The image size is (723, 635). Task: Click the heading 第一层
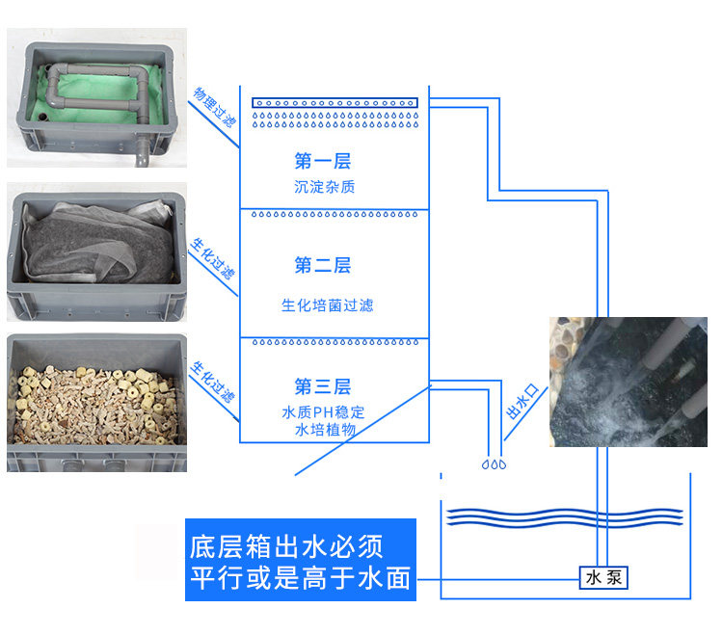(323, 161)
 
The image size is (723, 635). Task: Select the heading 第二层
(323, 265)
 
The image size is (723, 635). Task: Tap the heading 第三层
(323, 387)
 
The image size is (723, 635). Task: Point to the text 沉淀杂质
(324, 187)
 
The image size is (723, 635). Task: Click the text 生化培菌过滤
(327, 305)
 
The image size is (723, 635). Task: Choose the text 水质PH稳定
(324, 412)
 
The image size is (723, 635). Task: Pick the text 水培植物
(326, 430)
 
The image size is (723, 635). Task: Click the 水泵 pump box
(604, 577)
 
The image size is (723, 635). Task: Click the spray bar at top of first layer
(335, 102)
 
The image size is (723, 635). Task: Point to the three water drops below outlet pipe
(494, 464)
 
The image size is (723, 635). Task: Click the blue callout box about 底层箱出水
(301, 560)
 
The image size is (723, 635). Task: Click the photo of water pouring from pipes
(628, 382)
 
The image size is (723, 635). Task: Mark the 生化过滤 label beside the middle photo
(212, 255)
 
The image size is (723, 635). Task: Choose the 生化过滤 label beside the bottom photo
(213, 382)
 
